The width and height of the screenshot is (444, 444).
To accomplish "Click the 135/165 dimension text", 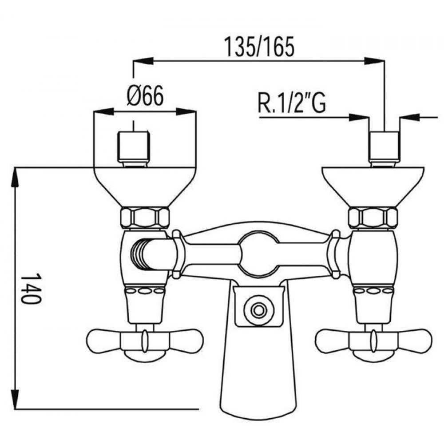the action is [x=259, y=47].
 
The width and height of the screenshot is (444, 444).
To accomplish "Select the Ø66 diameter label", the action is [x=145, y=96].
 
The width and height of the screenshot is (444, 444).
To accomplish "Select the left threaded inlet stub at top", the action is [x=133, y=149].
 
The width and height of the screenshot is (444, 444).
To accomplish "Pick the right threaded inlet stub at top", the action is [x=385, y=149].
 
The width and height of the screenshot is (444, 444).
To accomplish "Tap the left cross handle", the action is [x=145, y=341].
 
